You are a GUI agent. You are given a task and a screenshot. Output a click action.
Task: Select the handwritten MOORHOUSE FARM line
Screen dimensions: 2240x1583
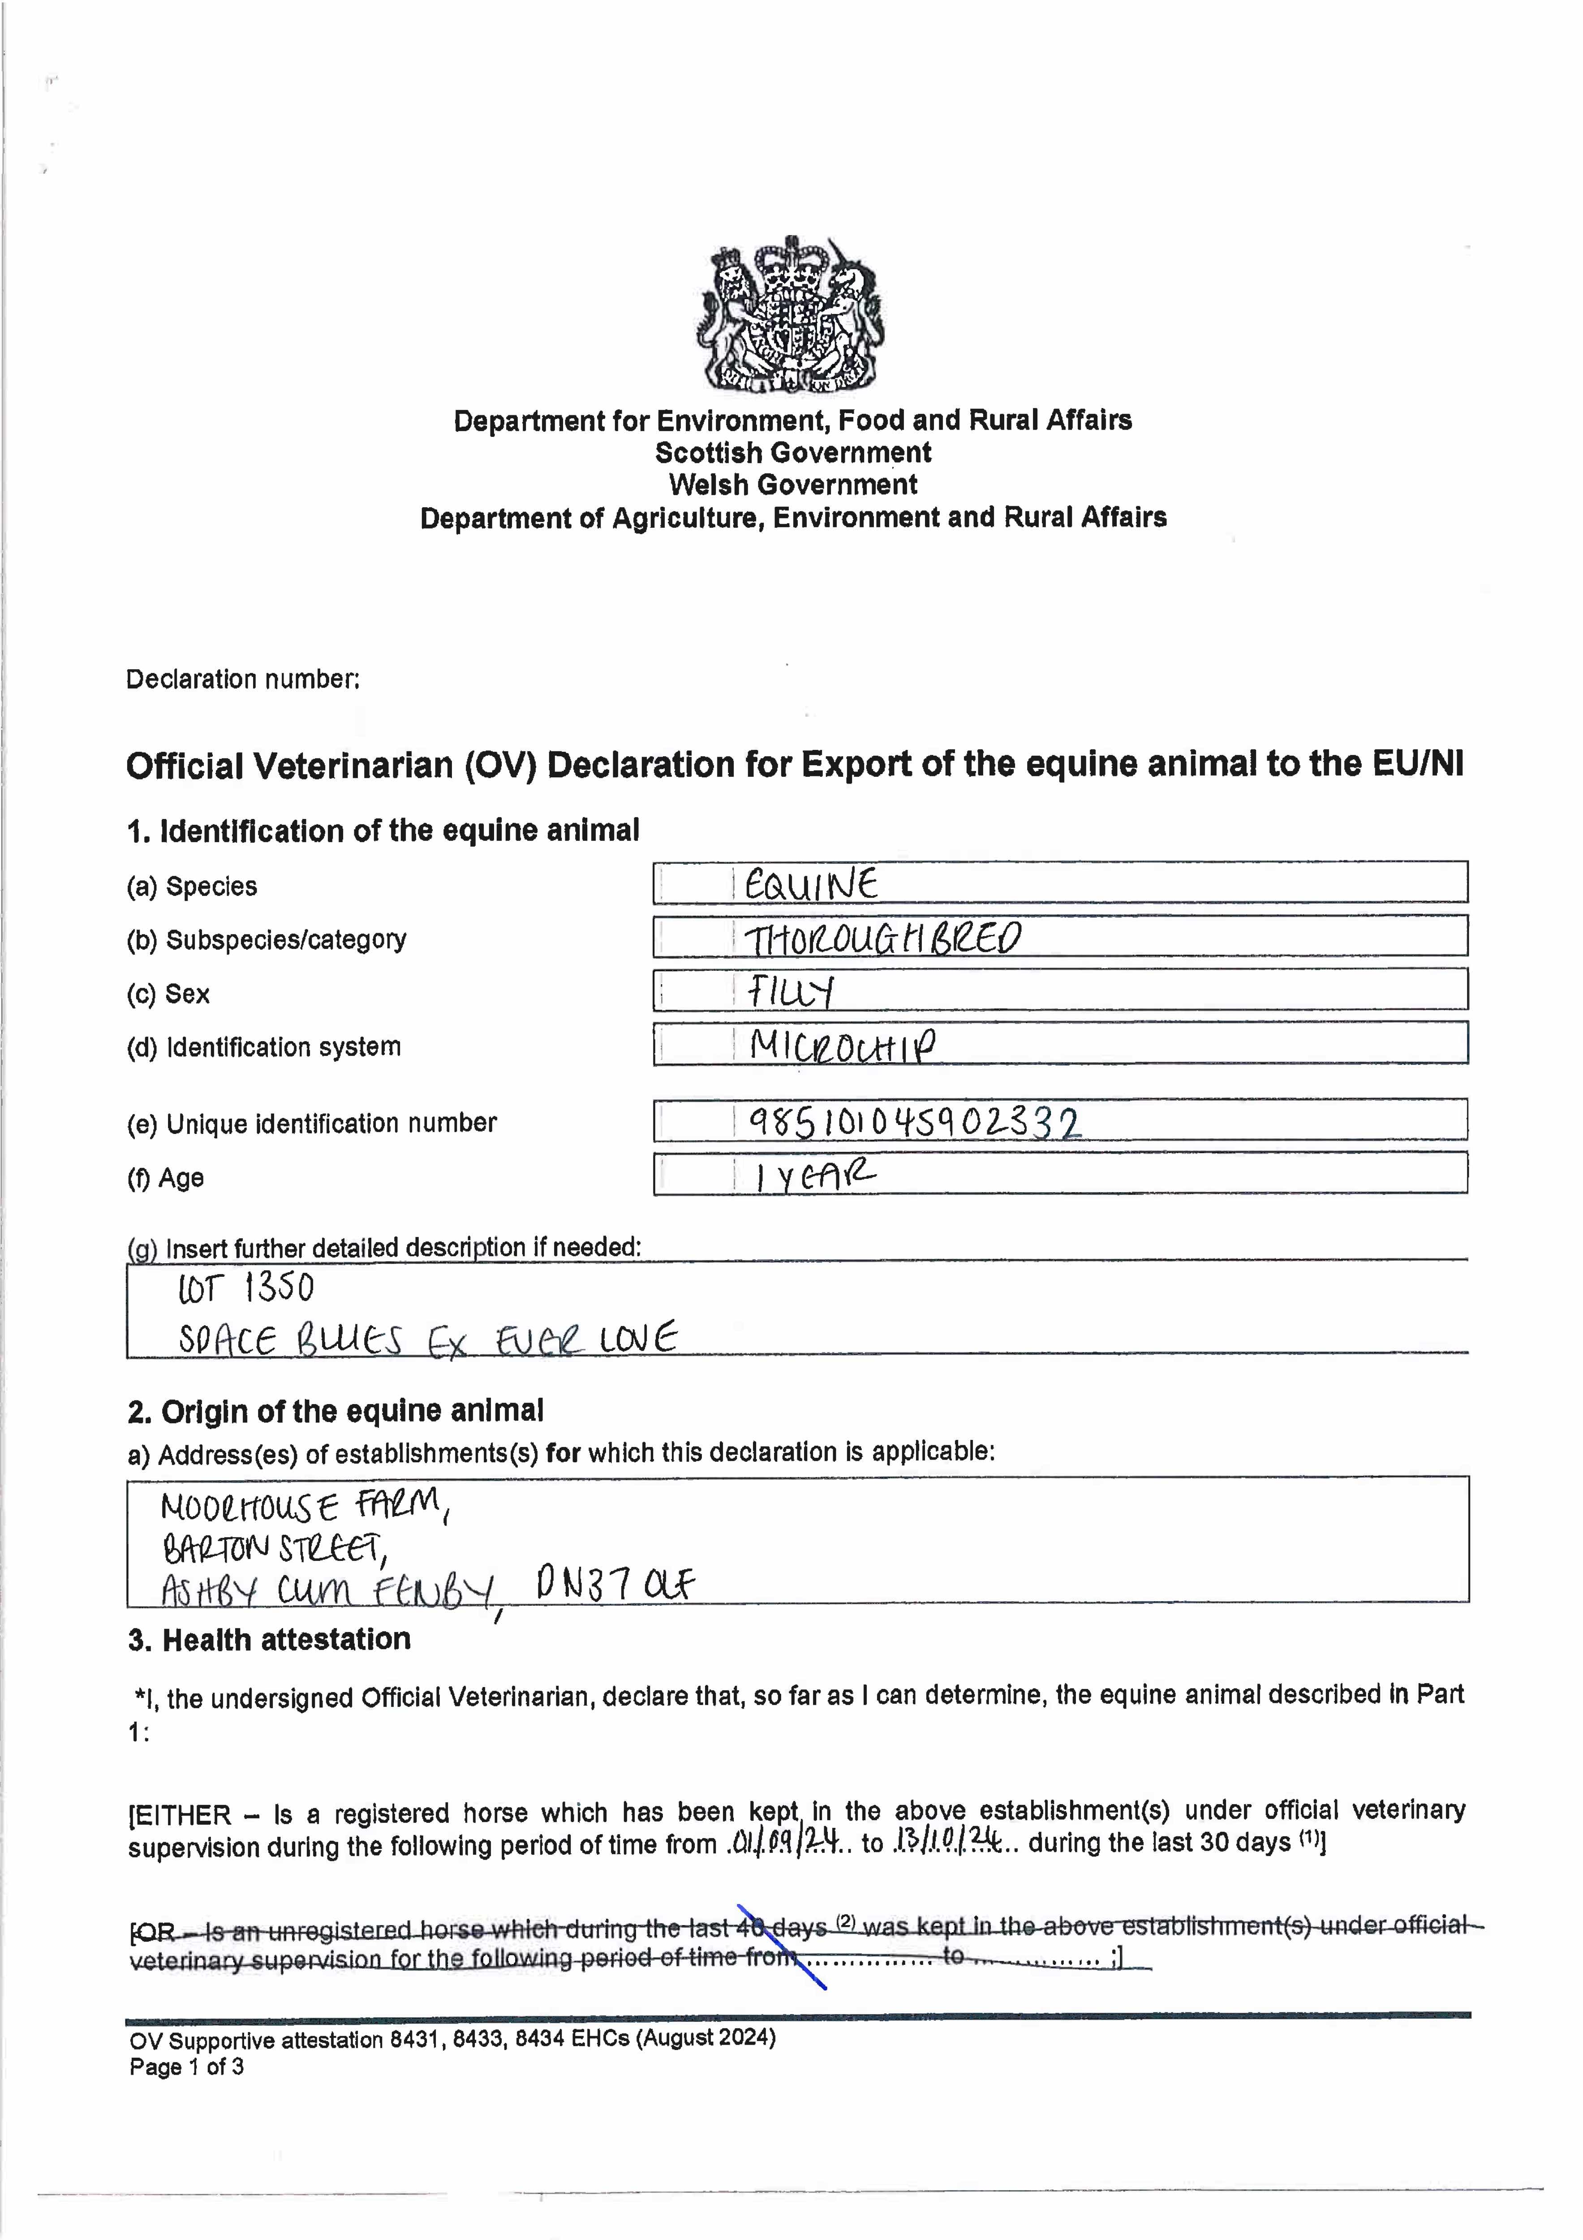(x=302, y=1508)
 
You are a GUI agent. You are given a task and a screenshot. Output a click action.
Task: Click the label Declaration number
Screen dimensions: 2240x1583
(x=243, y=679)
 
